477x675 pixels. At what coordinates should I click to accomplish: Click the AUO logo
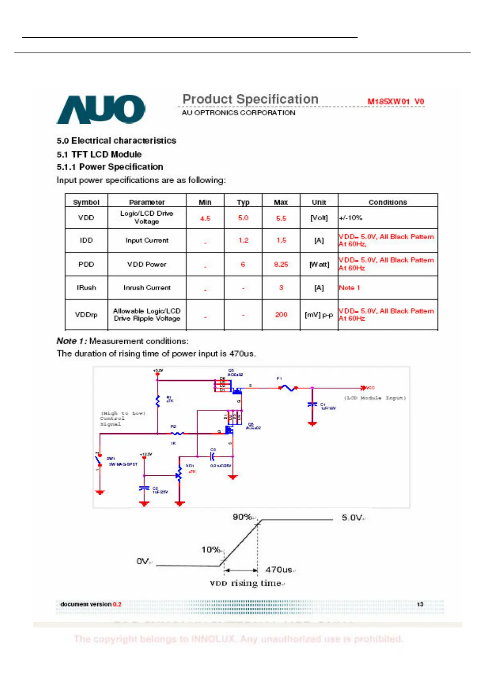click(x=101, y=109)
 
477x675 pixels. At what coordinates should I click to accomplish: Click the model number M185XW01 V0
click(x=395, y=101)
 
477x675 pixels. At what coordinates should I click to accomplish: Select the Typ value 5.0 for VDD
click(x=243, y=218)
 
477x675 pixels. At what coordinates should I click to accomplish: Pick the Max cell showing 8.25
click(x=281, y=264)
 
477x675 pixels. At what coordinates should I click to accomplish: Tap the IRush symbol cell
click(x=86, y=287)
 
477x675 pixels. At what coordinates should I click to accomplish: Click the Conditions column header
click(x=388, y=202)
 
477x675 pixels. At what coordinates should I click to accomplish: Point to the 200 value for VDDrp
click(x=281, y=315)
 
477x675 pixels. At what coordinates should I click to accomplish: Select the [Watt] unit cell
click(x=319, y=264)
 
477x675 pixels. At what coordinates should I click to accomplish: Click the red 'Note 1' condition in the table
click(x=350, y=287)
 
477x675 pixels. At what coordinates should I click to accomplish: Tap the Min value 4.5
click(x=205, y=218)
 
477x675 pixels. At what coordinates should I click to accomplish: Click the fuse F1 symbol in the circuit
click(x=287, y=388)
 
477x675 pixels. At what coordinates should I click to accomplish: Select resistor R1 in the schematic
click(x=158, y=400)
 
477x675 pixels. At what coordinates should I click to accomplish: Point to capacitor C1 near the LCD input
click(x=312, y=405)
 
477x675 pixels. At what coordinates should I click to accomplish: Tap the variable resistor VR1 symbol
click(x=179, y=475)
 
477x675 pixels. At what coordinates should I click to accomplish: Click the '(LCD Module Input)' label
click(x=375, y=398)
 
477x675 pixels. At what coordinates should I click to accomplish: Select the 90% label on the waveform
click(x=242, y=517)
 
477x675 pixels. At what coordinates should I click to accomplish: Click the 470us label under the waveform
click(x=279, y=570)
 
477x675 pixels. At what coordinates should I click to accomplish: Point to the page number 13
click(x=420, y=604)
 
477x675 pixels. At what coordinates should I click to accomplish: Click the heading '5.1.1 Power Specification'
click(x=110, y=167)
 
